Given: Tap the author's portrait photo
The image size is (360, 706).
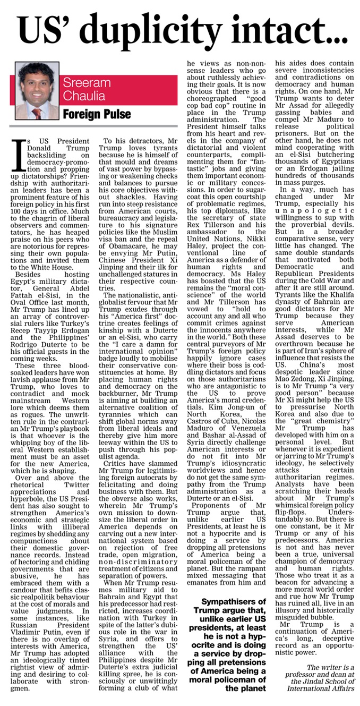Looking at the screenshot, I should (37, 91).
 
